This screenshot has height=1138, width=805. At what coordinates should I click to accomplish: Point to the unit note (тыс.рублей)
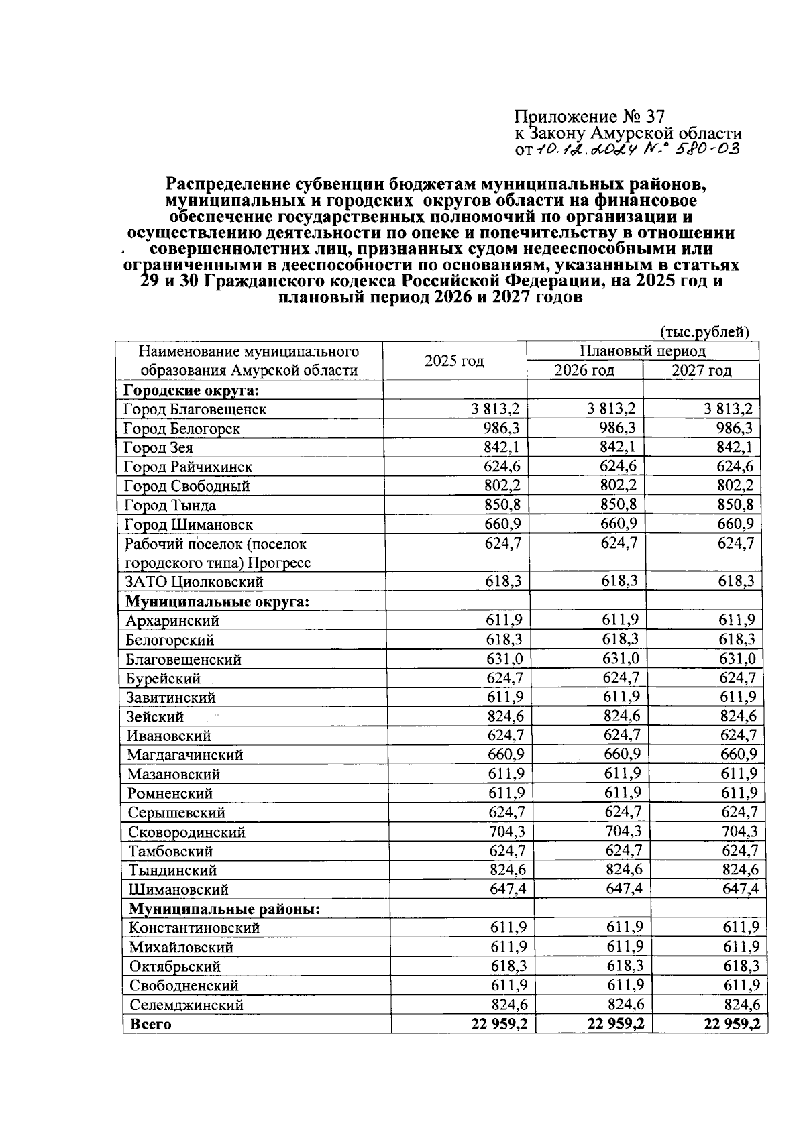(704, 332)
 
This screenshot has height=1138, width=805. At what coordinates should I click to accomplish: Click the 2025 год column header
(454, 361)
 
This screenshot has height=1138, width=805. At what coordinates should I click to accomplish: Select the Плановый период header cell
(642, 351)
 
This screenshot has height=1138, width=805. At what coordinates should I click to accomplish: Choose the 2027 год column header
(702, 371)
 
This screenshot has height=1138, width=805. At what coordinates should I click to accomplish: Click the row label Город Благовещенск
(195, 409)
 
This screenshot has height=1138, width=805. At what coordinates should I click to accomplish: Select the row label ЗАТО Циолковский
(195, 582)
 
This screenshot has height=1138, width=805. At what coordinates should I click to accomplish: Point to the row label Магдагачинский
(185, 755)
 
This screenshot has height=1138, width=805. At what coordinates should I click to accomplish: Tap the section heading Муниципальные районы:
(224, 909)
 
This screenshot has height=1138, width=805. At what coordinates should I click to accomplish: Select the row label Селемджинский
(186, 1005)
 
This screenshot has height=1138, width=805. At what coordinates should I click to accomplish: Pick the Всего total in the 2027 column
(732, 1024)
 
